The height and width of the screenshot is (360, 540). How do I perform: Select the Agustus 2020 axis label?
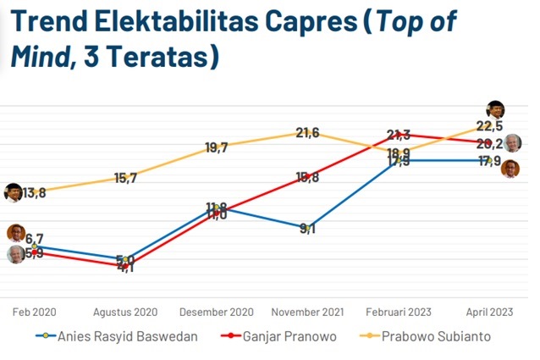125,311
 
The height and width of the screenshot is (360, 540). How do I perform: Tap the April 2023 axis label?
488,311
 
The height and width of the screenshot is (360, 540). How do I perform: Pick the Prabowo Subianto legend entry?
437,336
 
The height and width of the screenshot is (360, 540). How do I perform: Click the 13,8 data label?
34,193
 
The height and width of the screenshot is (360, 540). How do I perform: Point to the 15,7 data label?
125,178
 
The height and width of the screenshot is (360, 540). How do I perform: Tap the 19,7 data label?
217,147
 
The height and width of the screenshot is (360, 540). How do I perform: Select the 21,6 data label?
307,132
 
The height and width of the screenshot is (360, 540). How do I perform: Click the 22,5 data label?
489,126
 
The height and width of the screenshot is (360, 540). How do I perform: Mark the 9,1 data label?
307,228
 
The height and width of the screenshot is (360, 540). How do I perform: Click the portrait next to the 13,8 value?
14,192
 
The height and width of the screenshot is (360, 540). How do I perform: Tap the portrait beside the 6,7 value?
14,234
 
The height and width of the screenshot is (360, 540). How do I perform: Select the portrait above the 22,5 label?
496,109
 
